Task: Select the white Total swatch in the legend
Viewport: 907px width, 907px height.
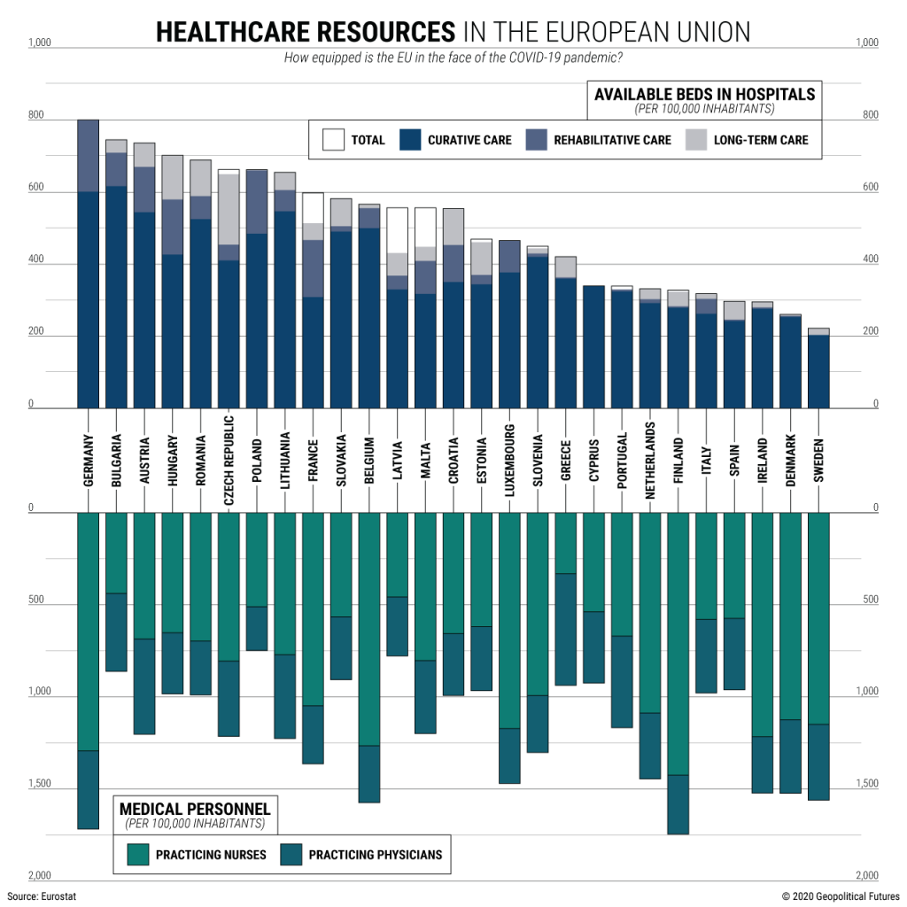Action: click(334, 140)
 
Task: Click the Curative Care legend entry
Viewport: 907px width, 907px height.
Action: click(455, 140)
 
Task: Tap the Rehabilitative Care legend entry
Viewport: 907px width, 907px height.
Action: click(599, 140)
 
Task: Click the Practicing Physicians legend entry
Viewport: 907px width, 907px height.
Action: click(360, 855)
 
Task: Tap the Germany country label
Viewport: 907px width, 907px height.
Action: click(88, 460)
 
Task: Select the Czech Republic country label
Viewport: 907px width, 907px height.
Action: click(229, 460)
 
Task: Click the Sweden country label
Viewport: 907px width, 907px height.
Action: click(818, 460)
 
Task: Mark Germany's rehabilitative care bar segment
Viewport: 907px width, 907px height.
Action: click(88, 155)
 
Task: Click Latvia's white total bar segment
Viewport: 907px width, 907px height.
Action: click(397, 230)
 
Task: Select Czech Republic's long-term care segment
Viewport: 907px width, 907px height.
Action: click(229, 209)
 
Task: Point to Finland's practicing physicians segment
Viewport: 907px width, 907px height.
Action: click(678, 804)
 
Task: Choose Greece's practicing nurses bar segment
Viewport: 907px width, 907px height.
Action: click(566, 543)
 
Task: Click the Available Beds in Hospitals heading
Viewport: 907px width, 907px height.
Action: click(704, 94)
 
